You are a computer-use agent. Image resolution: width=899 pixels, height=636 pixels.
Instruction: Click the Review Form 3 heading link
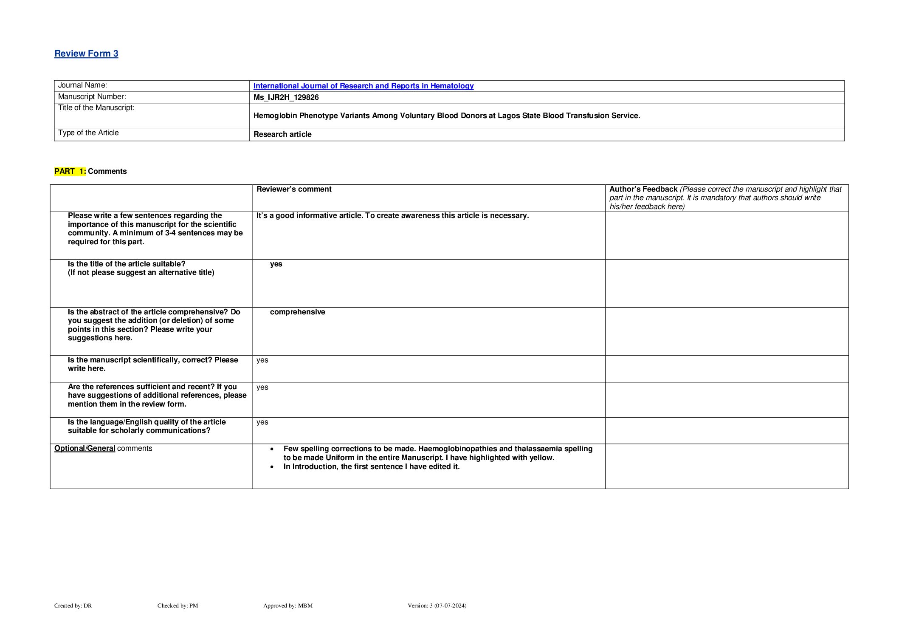pyautogui.click(x=86, y=54)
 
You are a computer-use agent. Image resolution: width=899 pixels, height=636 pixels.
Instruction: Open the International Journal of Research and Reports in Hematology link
pyautogui.click(x=363, y=86)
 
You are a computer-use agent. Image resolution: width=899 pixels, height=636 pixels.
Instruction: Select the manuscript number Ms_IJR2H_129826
pyautogui.click(x=286, y=97)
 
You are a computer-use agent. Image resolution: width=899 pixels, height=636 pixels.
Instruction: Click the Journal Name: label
pyautogui.click(x=82, y=85)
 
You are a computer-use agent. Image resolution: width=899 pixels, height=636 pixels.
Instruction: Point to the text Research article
pyautogui.click(x=282, y=134)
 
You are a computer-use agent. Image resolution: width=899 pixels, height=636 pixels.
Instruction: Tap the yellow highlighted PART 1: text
pyautogui.click(x=70, y=171)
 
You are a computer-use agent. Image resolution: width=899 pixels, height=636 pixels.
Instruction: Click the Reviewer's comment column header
pyautogui.click(x=294, y=189)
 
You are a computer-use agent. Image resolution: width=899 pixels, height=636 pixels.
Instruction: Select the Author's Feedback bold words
pyautogui.click(x=643, y=189)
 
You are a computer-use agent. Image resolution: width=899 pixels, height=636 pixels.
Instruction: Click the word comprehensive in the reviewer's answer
pyautogui.click(x=297, y=312)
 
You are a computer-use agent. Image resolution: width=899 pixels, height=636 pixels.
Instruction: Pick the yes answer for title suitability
pyautogui.click(x=276, y=264)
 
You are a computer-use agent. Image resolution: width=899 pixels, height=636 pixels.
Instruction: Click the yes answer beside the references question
pyautogui.click(x=262, y=387)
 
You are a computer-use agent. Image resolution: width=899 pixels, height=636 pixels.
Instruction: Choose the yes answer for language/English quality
pyautogui.click(x=262, y=422)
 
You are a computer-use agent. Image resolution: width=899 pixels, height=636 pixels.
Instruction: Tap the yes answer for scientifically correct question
pyautogui.click(x=262, y=360)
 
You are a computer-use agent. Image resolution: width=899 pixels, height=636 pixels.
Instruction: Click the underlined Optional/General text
pyautogui.click(x=85, y=448)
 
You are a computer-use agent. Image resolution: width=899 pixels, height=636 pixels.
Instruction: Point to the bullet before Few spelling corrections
pyautogui.click(x=272, y=449)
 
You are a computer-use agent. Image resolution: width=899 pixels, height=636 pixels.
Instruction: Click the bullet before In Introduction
pyautogui.click(x=272, y=467)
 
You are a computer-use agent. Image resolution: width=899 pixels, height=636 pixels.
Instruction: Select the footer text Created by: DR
pyautogui.click(x=73, y=605)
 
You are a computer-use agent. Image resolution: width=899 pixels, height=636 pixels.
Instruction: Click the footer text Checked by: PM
pyautogui.click(x=178, y=605)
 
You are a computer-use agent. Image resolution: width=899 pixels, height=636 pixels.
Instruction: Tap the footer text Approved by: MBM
pyautogui.click(x=287, y=605)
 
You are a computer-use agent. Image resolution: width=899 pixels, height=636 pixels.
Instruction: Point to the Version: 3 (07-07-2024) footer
pyautogui.click(x=437, y=605)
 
